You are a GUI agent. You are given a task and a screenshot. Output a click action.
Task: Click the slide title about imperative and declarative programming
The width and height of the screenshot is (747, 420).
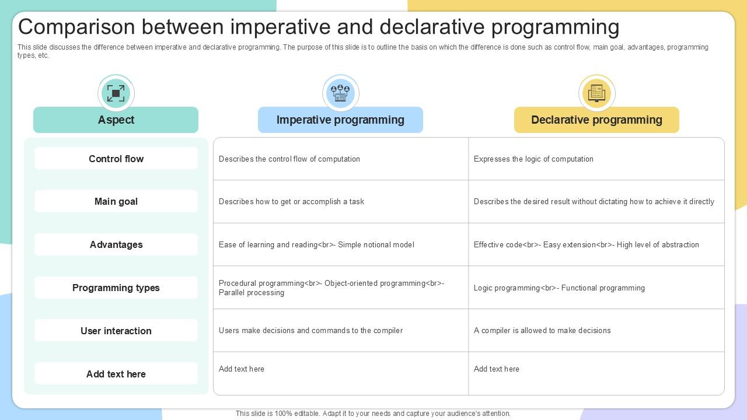coord(319,27)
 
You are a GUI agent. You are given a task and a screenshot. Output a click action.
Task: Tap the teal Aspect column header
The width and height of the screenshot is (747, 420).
coord(116,120)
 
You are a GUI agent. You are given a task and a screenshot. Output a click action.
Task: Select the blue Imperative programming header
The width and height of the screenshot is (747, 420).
coord(340,120)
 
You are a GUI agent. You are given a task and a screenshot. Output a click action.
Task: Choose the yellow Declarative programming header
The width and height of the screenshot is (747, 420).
coord(596,120)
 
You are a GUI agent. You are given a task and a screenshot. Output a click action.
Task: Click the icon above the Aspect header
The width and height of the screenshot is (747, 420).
coord(116,93)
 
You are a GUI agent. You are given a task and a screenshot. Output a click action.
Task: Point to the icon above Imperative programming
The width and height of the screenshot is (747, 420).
coord(340,93)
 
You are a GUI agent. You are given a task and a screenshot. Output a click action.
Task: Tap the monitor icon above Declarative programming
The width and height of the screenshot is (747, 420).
coord(596,93)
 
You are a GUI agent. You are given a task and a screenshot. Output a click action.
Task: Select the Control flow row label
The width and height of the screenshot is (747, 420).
coord(116,159)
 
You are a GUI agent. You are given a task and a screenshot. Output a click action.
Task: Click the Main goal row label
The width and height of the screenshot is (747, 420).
coord(116,201)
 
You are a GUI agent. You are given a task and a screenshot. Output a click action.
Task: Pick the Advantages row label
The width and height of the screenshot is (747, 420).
coord(116,244)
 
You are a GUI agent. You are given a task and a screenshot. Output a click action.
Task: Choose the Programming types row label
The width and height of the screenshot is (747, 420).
coord(116,288)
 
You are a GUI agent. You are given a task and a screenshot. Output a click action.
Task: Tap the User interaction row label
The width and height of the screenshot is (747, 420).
coord(116,331)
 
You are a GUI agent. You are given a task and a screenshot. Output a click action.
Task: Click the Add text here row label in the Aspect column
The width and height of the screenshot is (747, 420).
coord(116,374)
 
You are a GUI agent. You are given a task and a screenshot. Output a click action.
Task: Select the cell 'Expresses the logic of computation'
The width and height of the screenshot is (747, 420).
coord(533,159)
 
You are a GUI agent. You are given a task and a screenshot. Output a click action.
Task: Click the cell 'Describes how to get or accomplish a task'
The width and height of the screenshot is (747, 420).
coord(291,202)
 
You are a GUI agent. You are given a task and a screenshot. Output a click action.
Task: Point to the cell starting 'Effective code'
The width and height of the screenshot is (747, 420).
coord(586,245)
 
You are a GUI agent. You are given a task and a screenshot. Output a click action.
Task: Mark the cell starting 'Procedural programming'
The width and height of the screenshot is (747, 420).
coord(331,288)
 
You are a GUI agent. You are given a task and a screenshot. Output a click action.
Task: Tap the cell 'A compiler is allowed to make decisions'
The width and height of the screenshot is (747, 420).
coord(542,331)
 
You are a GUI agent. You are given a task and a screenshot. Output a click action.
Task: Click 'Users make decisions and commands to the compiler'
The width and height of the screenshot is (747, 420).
coord(310,331)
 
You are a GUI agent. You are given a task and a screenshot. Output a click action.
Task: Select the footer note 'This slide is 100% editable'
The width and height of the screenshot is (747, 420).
coord(373,414)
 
